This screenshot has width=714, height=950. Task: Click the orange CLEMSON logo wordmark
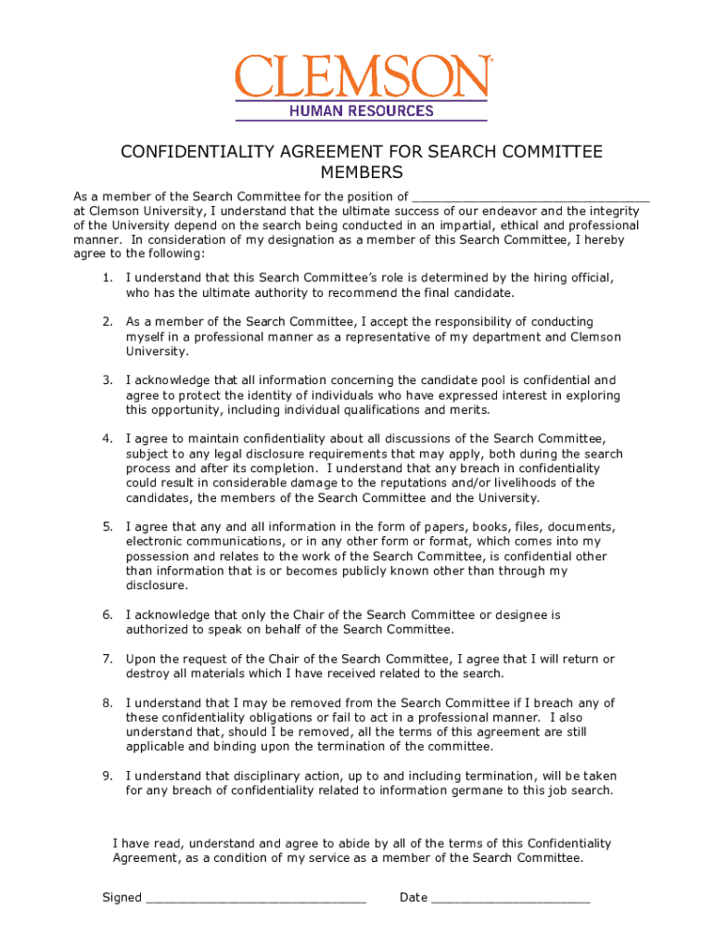click(x=362, y=76)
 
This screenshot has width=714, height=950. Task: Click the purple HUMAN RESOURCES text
click(x=361, y=111)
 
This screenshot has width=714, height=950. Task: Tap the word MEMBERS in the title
click(x=362, y=173)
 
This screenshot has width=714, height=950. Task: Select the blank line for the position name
click(x=530, y=196)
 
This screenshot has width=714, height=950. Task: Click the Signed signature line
click(x=257, y=897)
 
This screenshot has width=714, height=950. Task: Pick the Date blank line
click(x=511, y=897)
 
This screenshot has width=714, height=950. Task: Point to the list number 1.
click(x=108, y=277)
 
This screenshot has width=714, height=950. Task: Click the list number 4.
click(x=108, y=438)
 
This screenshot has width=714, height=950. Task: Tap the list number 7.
click(x=108, y=659)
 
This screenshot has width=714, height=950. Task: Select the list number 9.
click(x=108, y=776)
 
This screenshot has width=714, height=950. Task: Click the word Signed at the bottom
click(x=121, y=897)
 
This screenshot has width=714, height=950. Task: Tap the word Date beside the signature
click(x=414, y=897)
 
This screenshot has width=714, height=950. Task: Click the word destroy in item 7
click(x=147, y=674)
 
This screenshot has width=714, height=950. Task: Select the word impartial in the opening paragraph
click(x=454, y=225)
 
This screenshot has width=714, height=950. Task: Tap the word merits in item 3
click(x=469, y=410)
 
